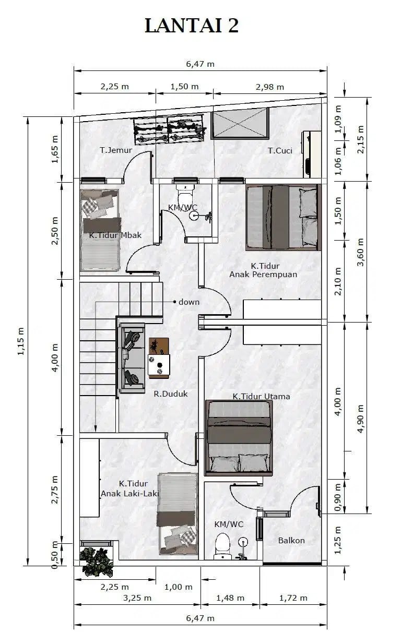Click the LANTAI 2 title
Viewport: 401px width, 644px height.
point(192,26)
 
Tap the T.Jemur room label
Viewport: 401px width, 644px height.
point(116,150)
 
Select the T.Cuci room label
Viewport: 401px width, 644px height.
point(280,150)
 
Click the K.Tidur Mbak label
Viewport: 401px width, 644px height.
point(115,235)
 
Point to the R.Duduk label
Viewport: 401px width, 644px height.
point(171,393)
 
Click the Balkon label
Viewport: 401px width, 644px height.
point(291,540)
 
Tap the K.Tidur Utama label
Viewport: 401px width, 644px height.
point(261,397)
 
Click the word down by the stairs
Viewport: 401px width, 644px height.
point(189,302)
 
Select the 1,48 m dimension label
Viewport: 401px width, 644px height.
point(230,598)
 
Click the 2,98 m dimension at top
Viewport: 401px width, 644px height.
point(270,87)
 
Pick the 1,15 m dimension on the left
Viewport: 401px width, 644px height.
point(21,341)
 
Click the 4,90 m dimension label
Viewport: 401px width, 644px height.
point(360,419)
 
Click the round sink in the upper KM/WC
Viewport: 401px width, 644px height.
point(194,216)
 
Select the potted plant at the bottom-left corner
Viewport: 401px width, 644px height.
point(96,562)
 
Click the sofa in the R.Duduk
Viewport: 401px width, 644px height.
point(132,357)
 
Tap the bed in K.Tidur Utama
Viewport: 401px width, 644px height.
point(239,437)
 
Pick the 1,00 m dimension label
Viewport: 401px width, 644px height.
point(179,587)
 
